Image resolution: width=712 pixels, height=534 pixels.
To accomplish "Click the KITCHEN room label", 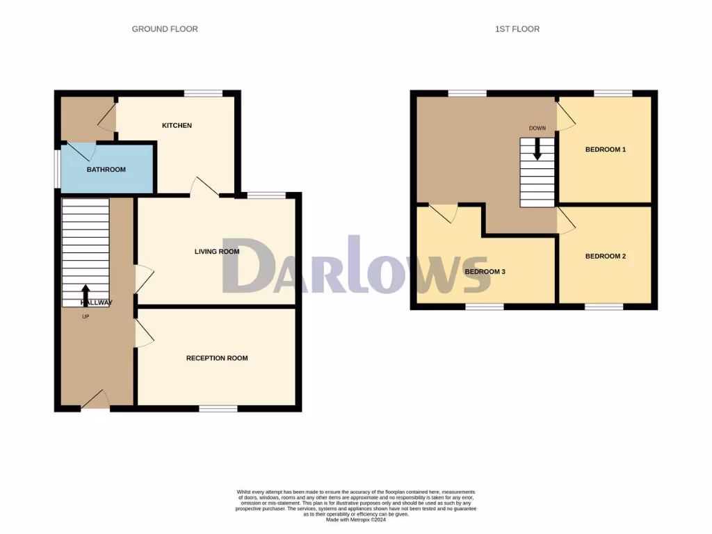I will [177, 126].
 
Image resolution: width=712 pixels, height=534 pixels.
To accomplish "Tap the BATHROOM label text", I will [106, 170].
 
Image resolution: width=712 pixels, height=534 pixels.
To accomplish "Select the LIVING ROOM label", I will [217, 252].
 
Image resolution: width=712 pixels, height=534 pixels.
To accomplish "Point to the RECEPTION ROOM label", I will [217, 358].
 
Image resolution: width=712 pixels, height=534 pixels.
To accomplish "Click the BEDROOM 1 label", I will [606, 149].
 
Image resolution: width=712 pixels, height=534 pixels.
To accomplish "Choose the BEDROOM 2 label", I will [606, 256].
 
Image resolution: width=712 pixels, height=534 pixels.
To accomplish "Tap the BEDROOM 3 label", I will [485, 271].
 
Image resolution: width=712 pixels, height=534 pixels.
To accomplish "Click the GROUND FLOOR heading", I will [165, 29].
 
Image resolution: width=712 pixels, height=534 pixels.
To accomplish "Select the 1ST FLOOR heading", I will [517, 29].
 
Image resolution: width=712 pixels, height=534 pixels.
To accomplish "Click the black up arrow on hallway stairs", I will [86, 295].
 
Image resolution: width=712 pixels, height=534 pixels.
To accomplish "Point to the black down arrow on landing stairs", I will [537, 149].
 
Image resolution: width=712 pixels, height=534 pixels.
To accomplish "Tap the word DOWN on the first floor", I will [537, 128].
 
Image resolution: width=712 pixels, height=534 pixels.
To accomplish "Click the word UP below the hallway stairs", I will [86, 317].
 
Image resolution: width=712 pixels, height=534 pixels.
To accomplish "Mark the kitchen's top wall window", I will [203, 93].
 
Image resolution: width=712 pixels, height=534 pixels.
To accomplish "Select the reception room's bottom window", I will [218, 408].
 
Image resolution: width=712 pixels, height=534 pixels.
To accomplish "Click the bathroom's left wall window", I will [58, 168].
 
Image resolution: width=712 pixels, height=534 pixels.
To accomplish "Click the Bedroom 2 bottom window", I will [604, 306].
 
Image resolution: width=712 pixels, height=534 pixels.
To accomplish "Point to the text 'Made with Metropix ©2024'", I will [355, 519].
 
